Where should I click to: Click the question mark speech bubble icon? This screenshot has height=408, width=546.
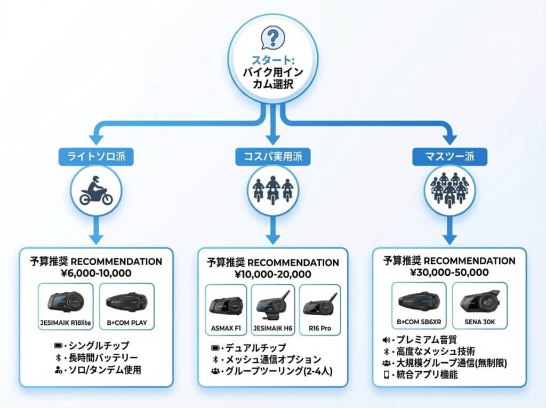coord(272,38)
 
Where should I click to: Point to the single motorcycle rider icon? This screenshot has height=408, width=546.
coord(97,190)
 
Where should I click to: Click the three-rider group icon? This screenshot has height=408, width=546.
coord(272,190)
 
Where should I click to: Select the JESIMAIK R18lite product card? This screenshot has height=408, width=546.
coord(66,306)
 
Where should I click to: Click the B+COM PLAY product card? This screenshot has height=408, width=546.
coord(127,306)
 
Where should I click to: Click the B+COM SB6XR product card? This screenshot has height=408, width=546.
coord(419,306)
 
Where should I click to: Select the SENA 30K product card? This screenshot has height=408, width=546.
coord(479,306)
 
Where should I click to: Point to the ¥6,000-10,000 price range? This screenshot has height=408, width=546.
coord(96,273)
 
